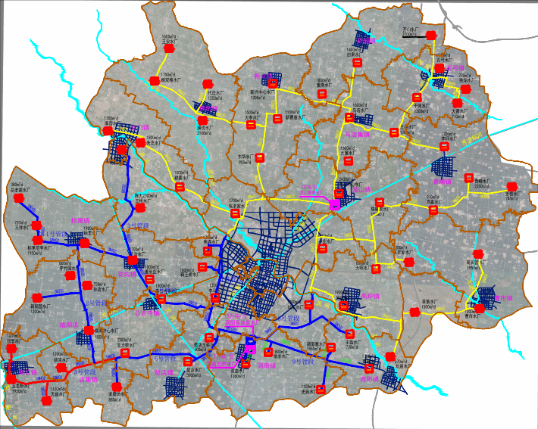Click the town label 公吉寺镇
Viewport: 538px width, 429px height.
coord(147,312)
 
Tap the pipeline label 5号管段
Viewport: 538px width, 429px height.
coord(136,225)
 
